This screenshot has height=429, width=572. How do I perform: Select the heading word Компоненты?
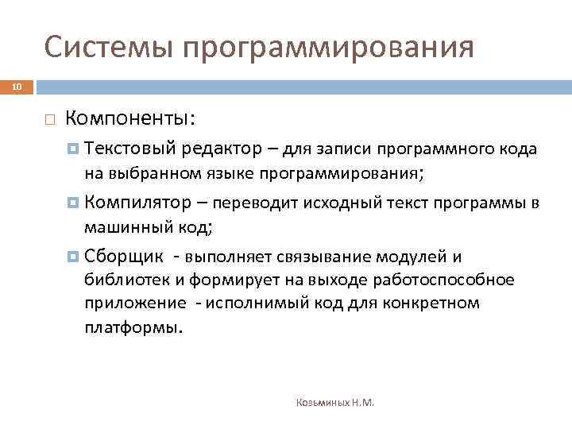pos(127,118)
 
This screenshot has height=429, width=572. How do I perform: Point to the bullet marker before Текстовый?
pos(74,149)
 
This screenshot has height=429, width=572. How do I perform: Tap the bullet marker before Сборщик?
pos(74,257)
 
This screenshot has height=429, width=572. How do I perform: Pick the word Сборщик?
pos(124,257)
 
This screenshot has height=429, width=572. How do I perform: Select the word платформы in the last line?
pos(132,327)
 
